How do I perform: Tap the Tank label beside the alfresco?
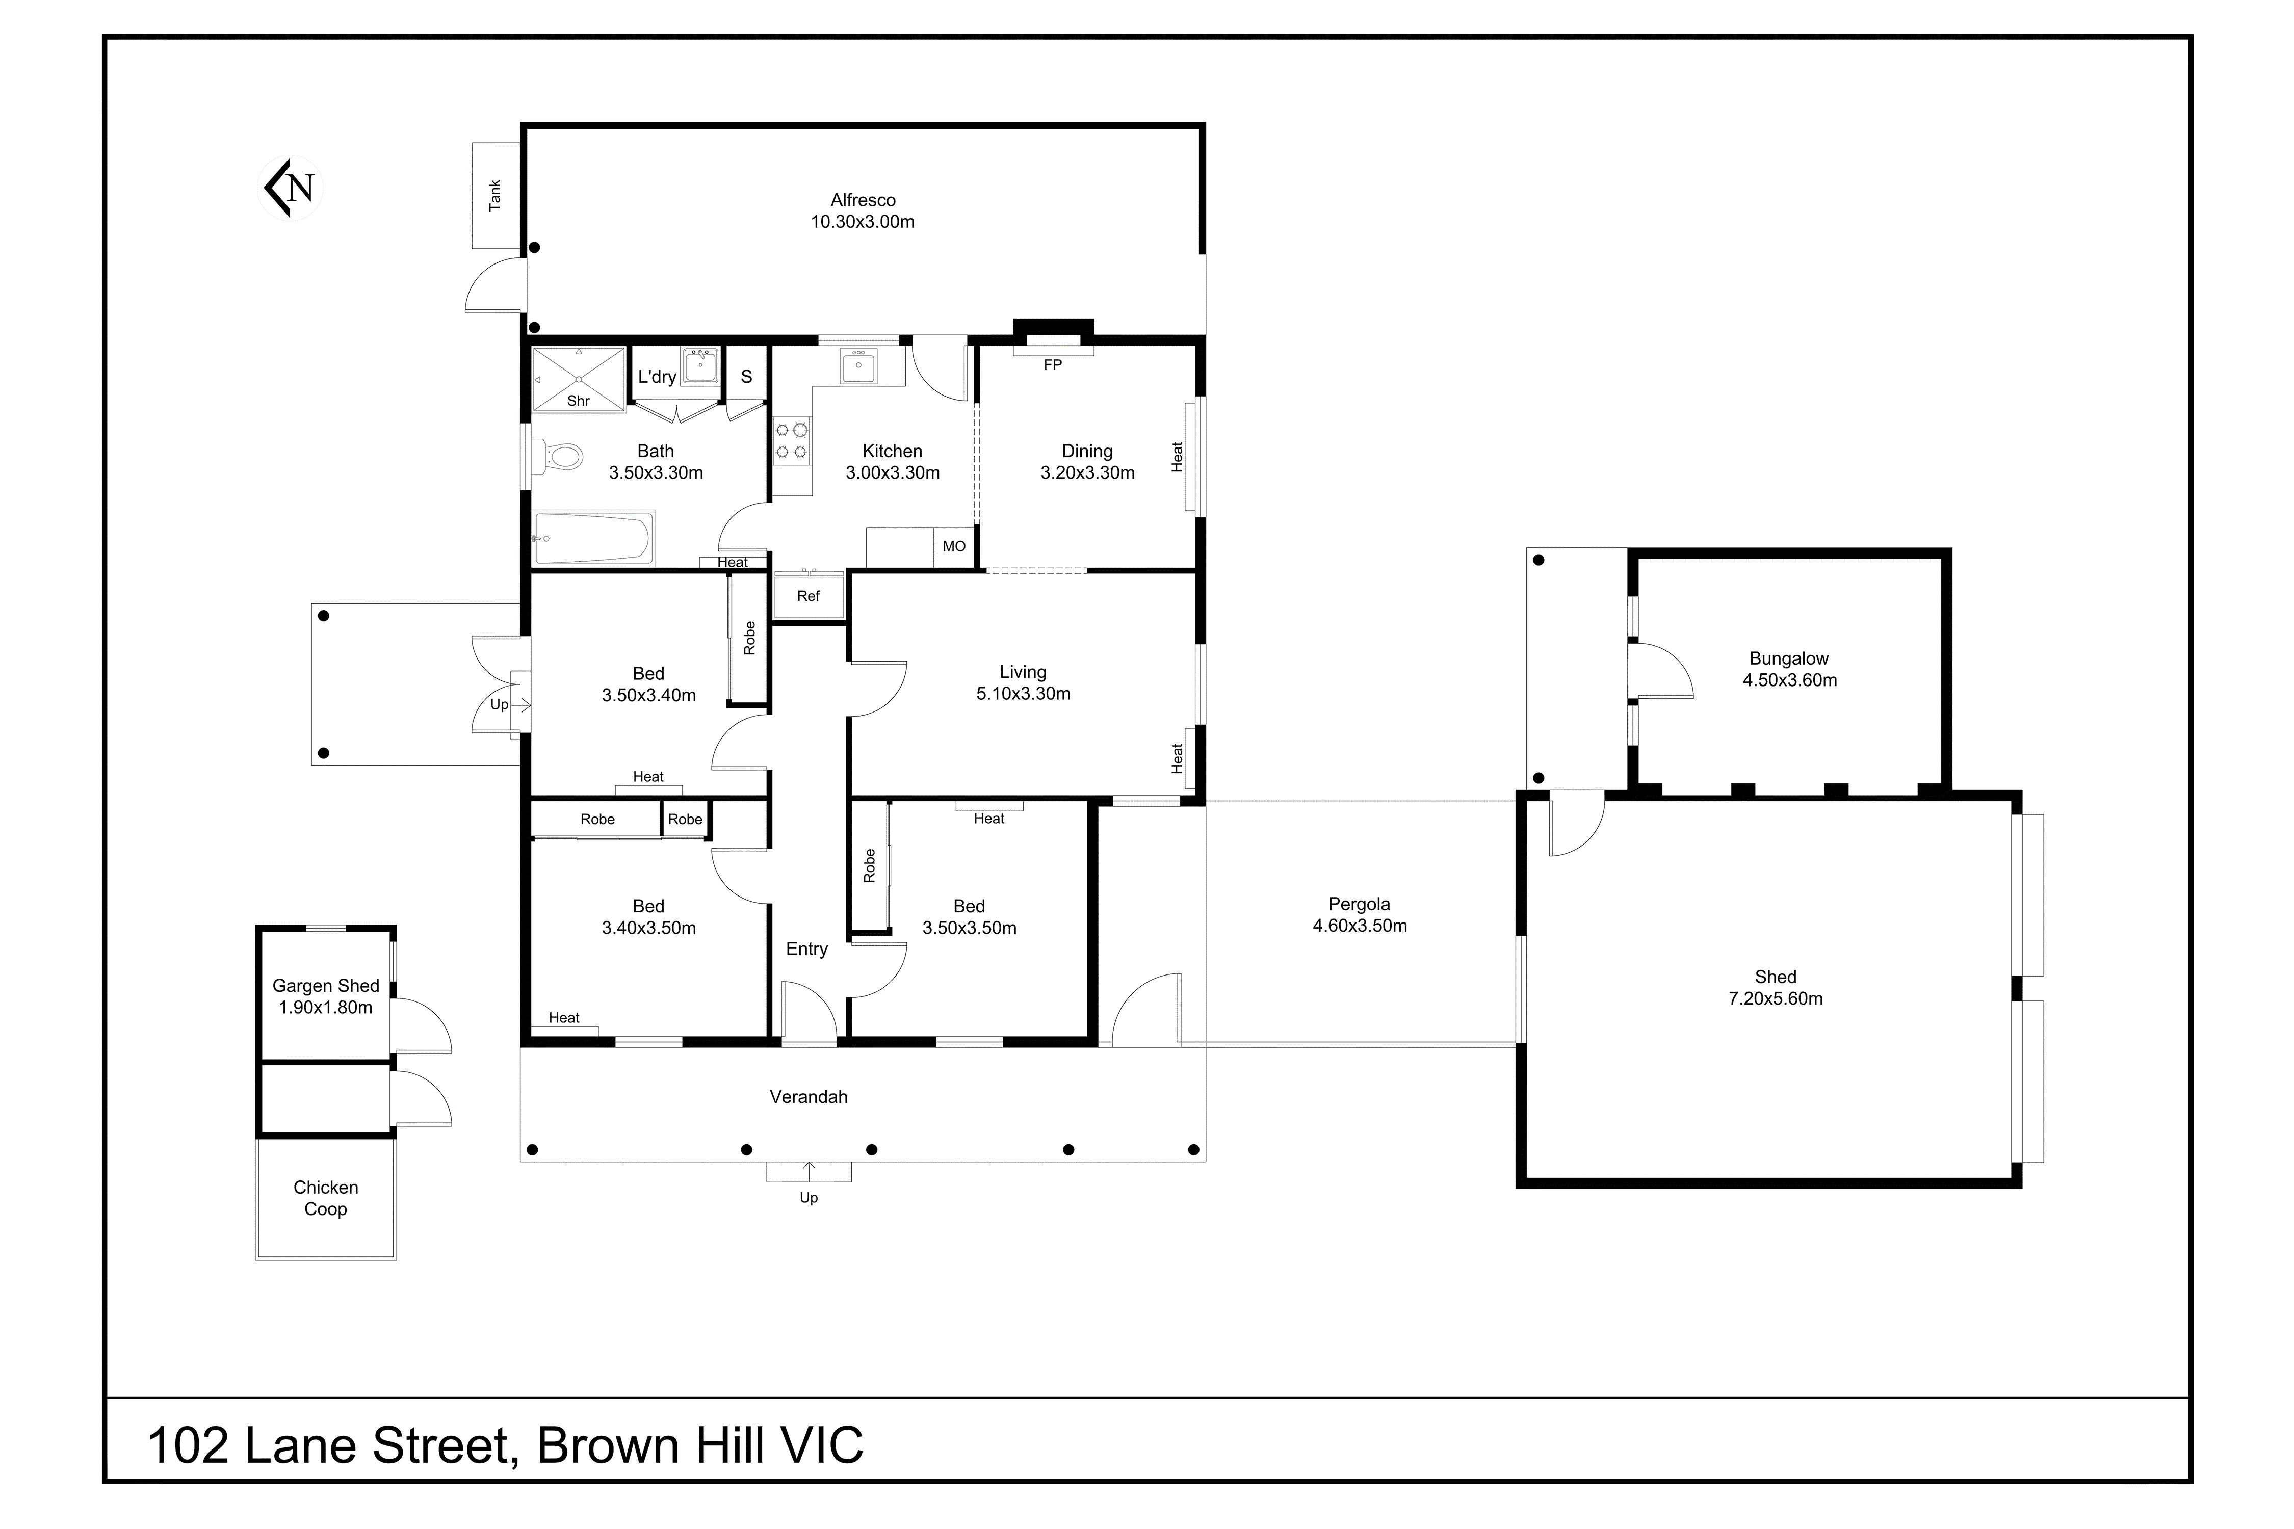(x=494, y=195)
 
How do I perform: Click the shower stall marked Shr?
(x=579, y=378)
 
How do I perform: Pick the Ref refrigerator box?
(x=809, y=596)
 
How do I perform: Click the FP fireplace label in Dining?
(x=1052, y=365)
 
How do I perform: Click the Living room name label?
(x=1022, y=672)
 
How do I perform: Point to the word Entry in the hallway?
(x=806, y=949)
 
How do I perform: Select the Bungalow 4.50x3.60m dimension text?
(x=1790, y=680)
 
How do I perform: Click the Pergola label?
(x=1359, y=904)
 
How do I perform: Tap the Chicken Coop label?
(x=326, y=1197)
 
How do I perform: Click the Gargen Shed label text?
(x=326, y=986)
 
